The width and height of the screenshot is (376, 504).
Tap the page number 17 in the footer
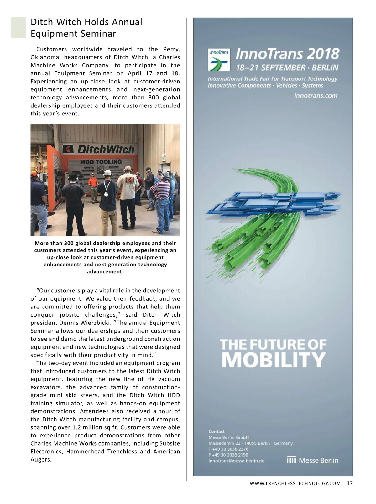coord(350,483)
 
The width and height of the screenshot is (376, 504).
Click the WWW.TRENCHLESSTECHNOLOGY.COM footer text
coord(295,483)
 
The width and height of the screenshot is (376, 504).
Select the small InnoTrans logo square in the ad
coord(219,59)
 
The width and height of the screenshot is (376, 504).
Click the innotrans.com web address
coord(316,95)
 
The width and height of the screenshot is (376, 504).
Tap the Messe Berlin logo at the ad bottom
coord(313,460)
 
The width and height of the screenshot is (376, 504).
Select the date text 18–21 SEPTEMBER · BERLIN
coord(287,67)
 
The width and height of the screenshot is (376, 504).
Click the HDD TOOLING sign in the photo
coord(101,162)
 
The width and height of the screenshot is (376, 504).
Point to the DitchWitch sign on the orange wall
coord(99,149)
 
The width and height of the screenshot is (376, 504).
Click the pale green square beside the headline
coord(18,27)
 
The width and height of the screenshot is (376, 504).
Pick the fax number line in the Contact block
coord(228,455)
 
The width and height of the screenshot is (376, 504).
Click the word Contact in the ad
coord(217,432)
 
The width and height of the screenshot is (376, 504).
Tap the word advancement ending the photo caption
coord(105,271)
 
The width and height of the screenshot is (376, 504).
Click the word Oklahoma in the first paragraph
coord(44,57)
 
